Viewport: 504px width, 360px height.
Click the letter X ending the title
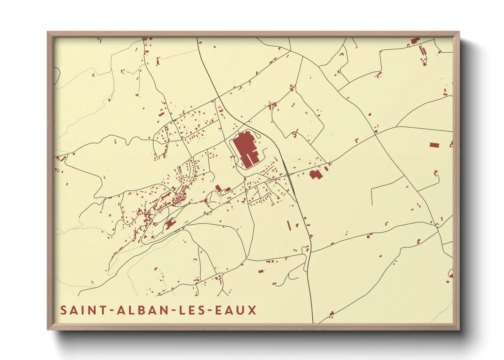pos(252,310)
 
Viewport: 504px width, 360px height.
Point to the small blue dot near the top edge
pos(215,47)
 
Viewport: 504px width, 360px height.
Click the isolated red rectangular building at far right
pos(434,145)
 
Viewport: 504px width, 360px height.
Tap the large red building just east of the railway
pos(315,175)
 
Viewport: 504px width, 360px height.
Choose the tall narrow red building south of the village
pos(289,226)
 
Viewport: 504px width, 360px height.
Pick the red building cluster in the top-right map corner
pos(415,41)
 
